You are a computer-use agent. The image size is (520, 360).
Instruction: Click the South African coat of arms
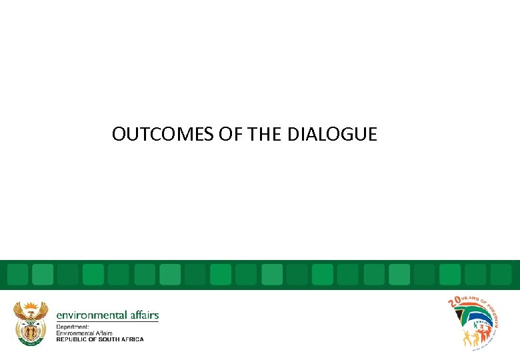coord(31,323)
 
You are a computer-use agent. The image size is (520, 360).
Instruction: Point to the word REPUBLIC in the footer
coord(73,339)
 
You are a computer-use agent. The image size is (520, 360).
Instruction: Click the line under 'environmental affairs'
coord(107,322)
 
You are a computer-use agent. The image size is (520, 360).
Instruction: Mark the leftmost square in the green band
coord(18,274)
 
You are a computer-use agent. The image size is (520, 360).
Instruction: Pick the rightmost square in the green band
coord(501,274)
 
